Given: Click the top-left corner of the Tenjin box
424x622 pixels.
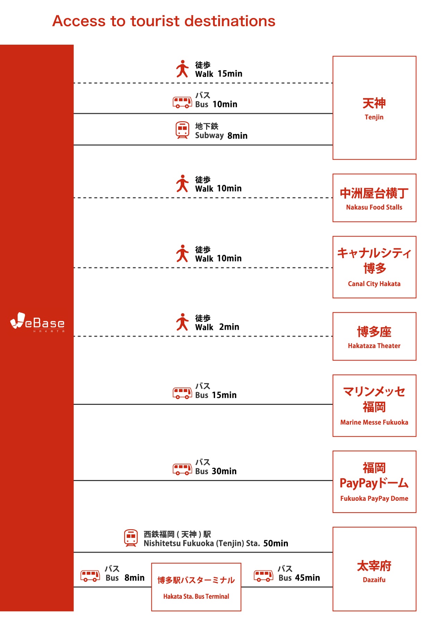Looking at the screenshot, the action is (x=333, y=56).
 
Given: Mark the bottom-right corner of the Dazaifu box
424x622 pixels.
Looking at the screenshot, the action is (x=416, y=611).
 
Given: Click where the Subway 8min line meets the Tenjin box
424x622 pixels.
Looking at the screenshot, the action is (x=333, y=145).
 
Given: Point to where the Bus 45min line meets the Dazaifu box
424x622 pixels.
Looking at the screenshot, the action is (x=333, y=587).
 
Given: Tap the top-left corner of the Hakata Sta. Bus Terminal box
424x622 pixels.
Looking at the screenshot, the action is (x=152, y=563).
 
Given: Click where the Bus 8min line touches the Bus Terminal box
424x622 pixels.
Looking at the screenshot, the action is (x=152, y=587).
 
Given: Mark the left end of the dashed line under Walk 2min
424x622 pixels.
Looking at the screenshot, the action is (x=74, y=336).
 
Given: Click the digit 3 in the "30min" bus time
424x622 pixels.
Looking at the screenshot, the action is (x=214, y=471).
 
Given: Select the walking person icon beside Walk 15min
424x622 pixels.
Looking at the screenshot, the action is (x=182, y=69).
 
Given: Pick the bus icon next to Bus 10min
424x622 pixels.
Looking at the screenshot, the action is (x=182, y=102).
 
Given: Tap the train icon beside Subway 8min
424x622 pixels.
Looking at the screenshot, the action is (x=182, y=130).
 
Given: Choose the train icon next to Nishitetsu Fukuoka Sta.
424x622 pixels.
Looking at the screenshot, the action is (x=131, y=538).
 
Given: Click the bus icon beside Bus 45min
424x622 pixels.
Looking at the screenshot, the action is (x=263, y=576).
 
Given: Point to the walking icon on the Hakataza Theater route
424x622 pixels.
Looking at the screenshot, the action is (x=182, y=322).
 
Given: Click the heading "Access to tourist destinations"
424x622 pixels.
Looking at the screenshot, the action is (x=164, y=21).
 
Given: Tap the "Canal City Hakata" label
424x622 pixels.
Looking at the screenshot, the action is (x=374, y=284).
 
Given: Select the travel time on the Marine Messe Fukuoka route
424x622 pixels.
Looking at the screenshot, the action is (x=224, y=395).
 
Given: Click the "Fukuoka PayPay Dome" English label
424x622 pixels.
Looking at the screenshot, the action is (x=374, y=499).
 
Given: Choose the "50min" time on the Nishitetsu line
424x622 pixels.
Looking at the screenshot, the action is (x=276, y=543).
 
